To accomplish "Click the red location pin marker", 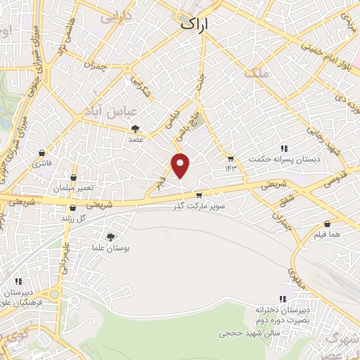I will (181, 165).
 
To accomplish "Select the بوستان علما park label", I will (110, 249).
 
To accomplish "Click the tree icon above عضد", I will (136, 129).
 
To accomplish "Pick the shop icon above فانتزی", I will (41, 153).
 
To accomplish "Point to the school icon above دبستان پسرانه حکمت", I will (285, 148).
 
